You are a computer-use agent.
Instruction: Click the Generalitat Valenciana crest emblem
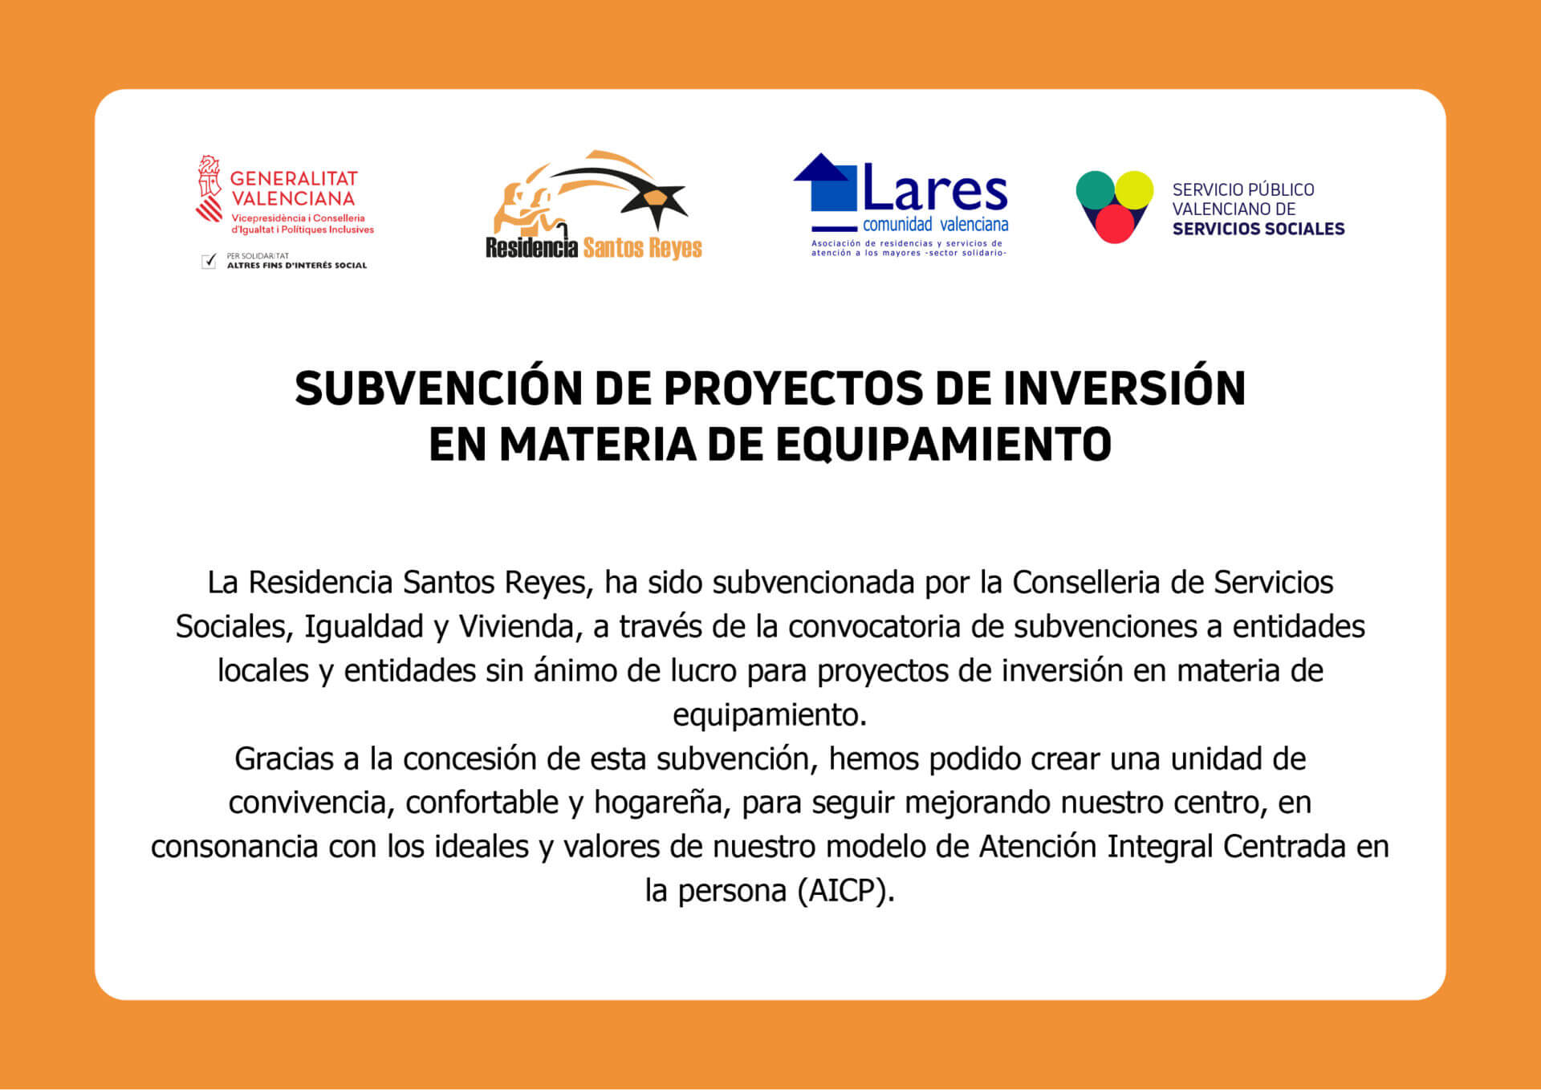click(x=209, y=189)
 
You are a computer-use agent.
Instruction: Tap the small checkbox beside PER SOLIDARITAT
click(x=209, y=261)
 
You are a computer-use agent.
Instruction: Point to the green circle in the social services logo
click(x=1096, y=190)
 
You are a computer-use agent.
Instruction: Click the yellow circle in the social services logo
click(x=1134, y=190)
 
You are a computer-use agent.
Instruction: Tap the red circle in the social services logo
click(x=1115, y=223)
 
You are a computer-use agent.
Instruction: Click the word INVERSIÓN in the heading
click(x=1124, y=388)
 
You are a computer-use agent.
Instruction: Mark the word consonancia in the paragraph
click(x=234, y=847)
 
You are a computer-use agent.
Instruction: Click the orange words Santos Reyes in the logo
click(x=643, y=248)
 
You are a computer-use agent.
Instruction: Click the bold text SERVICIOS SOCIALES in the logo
click(x=1258, y=229)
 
